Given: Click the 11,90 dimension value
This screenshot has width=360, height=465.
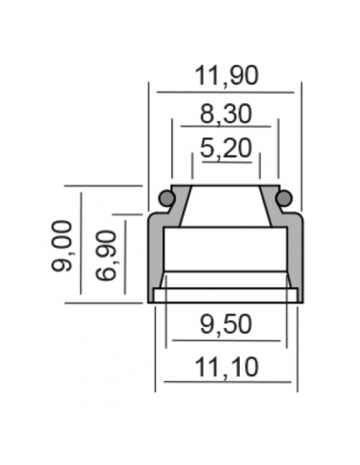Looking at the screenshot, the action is click(x=227, y=76).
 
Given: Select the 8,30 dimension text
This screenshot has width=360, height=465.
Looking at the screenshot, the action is click(x=226, y=114).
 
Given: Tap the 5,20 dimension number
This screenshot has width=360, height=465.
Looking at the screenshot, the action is click(x=226, y=148).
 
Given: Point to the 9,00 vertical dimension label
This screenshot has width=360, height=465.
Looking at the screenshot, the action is click(x=61, y=246).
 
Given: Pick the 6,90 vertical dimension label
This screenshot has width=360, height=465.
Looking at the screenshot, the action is click(x=106, y=255).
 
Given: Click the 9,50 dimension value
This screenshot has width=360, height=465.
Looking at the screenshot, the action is click(x=226, y=324).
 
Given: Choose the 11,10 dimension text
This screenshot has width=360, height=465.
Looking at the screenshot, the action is click(x=227, y=368).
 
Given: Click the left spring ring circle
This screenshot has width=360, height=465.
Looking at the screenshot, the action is click(x=166, y=198).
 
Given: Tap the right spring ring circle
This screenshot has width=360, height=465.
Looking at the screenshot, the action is click(x=284, y=198).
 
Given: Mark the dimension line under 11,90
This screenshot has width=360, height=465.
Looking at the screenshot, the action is click(x=225, y=93).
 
